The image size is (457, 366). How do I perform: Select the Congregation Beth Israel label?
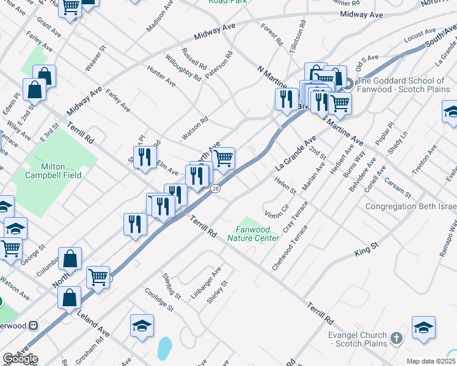pyautogui.click(x=410, y=207)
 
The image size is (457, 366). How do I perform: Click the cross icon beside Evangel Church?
pyautogui.click(x=396, y=337)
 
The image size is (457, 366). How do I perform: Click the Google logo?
pyautogui.click(x=20, y=359)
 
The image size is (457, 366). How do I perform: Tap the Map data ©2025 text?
pyautogui.click(x=431, y=361)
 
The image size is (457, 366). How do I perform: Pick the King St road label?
pyautogui.click(x=367, y=248)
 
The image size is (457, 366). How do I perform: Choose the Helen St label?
pyautogui.click(x=285, y=184)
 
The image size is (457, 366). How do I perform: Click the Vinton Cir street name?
pyautogui.click(x=277, y=211)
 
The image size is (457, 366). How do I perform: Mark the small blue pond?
pyautogui.click(x=164, y=348)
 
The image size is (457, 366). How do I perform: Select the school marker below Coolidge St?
pyautogui.click(x=142, y=326)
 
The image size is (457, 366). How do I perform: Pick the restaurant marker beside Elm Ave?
pyautogui.click(x=145, y=157)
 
